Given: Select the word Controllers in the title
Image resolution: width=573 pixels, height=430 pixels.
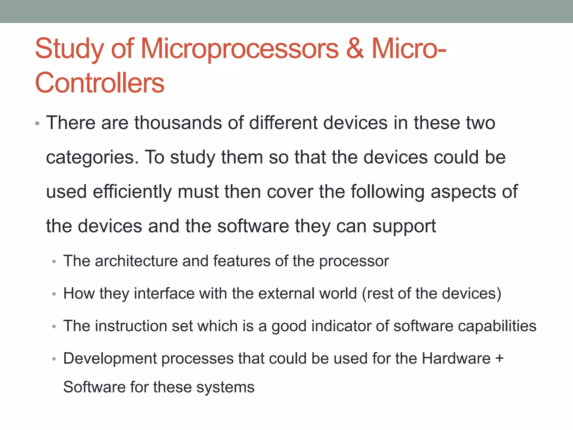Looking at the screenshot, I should click(x=100, y=83).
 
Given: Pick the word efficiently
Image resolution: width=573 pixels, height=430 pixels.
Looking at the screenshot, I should click(x=132, y=192).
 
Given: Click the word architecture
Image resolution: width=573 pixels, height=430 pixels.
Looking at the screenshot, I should click(x=136, y=261).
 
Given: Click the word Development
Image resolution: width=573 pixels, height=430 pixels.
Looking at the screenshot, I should click(x=110, y=359).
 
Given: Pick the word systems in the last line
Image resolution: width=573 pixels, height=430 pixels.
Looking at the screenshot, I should click(x=225, y=388).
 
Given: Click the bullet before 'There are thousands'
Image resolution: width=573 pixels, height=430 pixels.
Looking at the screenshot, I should click(x=37, y=123).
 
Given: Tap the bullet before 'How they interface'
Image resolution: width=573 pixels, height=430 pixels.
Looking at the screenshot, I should click(x=54, y=294).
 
